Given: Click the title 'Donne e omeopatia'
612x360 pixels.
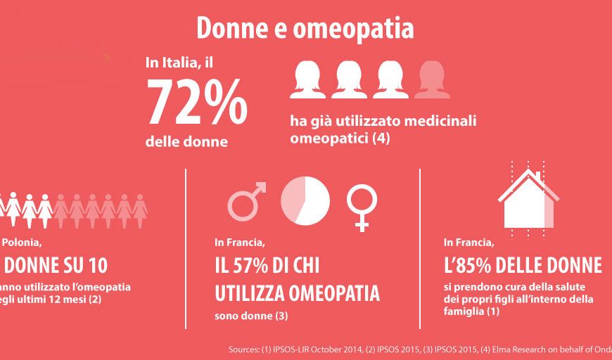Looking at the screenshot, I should coord(305,28).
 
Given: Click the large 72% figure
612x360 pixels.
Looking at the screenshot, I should coord(196,102).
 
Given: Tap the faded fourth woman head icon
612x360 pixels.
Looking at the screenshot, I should coord(432,80).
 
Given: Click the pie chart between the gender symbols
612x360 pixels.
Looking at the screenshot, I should coord(305,197).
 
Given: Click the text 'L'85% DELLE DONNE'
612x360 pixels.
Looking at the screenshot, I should coord(523,266).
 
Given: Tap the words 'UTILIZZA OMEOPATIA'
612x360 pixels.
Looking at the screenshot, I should coord(297,292).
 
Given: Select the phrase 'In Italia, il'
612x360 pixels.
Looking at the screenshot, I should coord(179,63).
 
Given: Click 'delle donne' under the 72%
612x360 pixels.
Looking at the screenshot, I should coord(186,141).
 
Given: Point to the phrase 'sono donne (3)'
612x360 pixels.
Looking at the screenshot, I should coord(251,316).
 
